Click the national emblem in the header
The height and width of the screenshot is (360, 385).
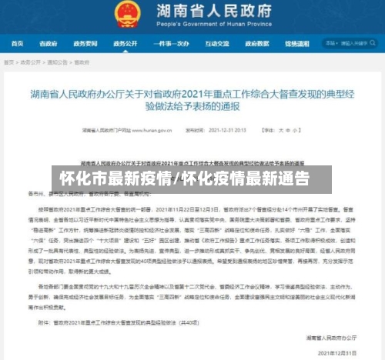pos(126,12)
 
